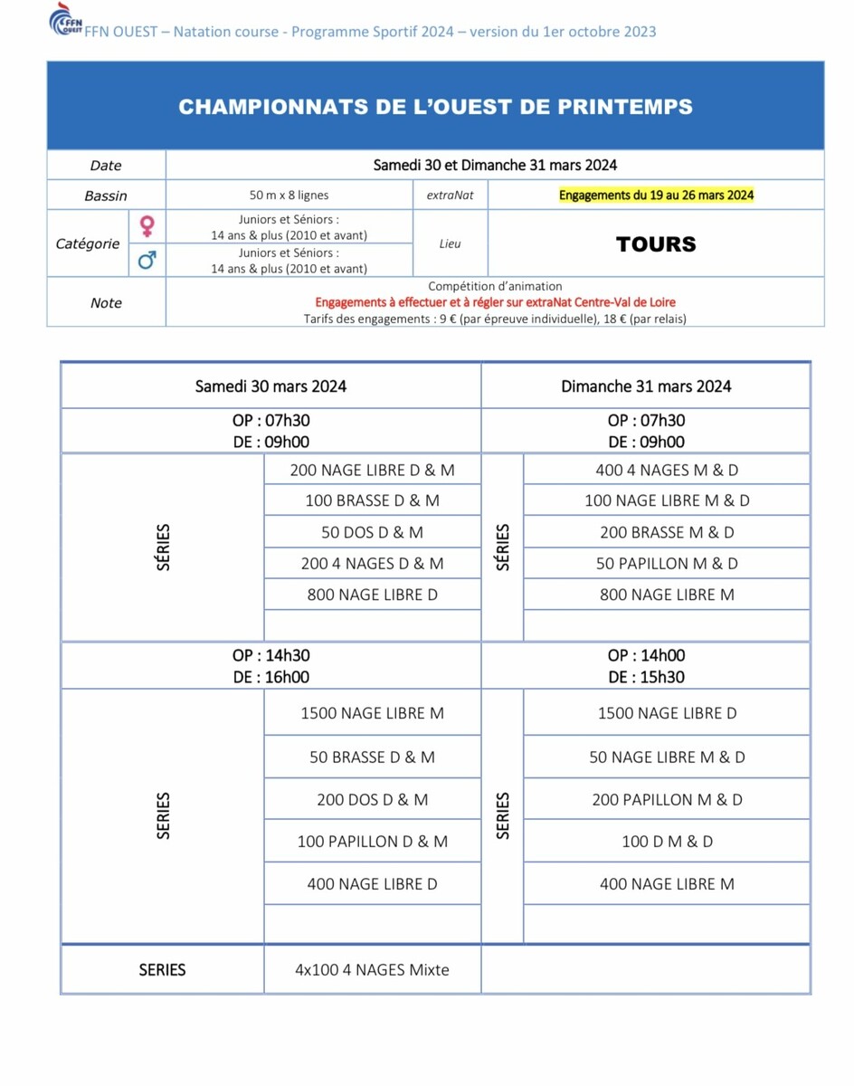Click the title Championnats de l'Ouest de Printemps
coord(435,107)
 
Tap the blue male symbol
coord(146,261)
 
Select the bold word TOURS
coord(656,244)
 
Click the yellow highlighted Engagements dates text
coord(656,195)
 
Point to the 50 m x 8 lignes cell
coord(289,195)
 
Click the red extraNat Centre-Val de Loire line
coord(495,302)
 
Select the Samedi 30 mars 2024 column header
coord(270,386)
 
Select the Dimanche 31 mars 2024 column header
coord(646,386)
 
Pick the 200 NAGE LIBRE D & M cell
coord(372,471)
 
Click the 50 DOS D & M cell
coord(372,533)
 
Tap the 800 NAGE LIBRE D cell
coord(372,595)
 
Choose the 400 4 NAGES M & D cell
coord(667,471)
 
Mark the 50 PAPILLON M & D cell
coord(667,564)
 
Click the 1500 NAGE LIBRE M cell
coord(372,713)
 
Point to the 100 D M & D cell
coord(667,842)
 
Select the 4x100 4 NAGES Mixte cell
coord(372,970)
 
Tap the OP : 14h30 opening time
coord(270,655)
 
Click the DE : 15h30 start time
coord(646,677)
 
